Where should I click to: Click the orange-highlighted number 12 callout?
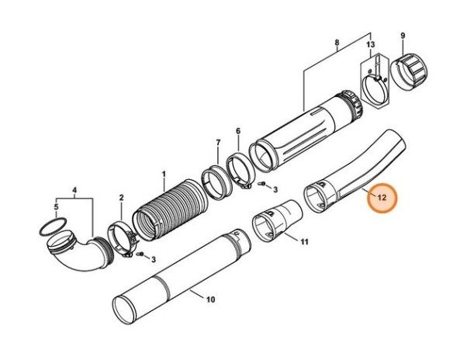(x=380, y=198)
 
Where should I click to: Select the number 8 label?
(x=336, y=43)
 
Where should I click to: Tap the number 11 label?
(x=304, y=242)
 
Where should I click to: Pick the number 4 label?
(x=74, y=189)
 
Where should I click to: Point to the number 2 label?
(x=121, y=199)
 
